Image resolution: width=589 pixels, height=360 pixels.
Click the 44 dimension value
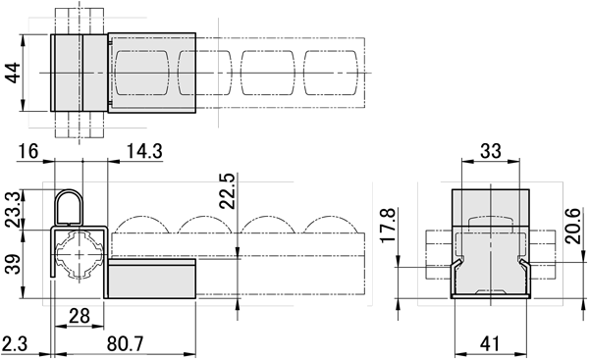click(13, 73)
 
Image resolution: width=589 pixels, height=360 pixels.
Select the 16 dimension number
click(28, 152)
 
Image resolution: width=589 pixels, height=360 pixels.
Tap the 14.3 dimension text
click(144, 152)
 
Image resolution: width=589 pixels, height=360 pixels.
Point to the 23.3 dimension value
click(13, 209)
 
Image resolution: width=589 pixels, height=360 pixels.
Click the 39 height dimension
click(13, 264)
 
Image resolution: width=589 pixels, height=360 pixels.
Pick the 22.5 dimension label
click(228, 191)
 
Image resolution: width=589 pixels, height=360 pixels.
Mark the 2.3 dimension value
click(15, 343)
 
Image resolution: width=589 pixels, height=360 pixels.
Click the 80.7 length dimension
click(126, 343)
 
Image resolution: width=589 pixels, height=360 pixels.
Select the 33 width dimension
click(491, 151)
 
